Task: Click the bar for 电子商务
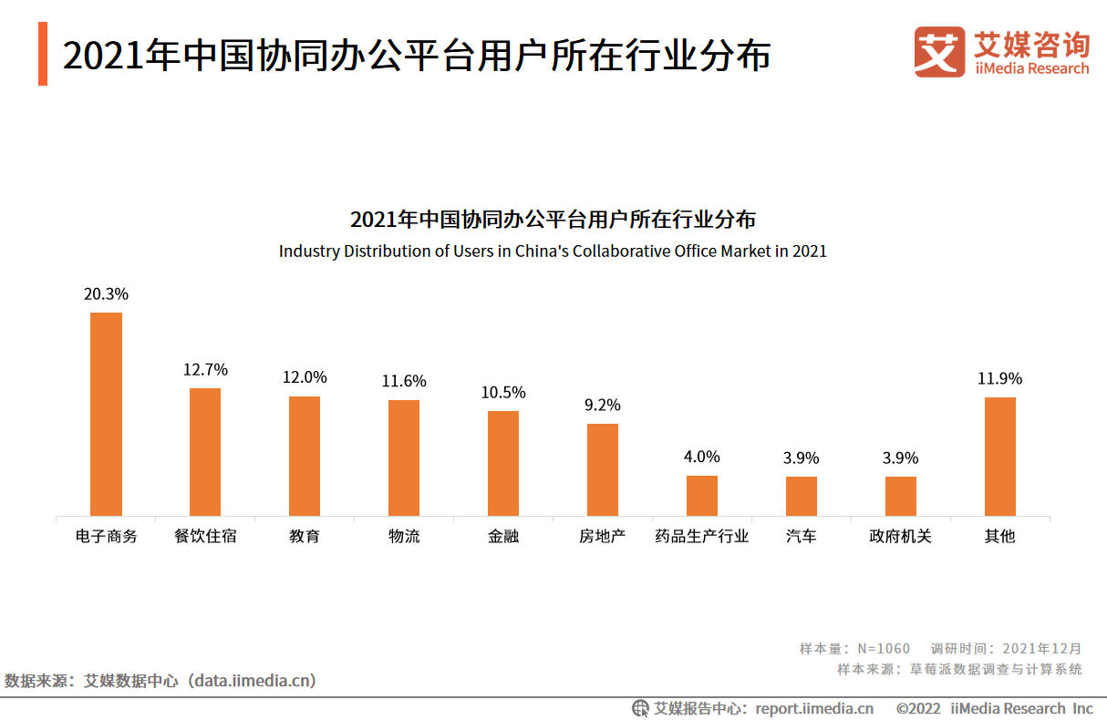(106, 414)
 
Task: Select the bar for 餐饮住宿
(205, 452)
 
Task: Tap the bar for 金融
(503, 463)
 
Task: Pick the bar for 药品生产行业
(702, 496)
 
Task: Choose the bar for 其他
(1000, 456)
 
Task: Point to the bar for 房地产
(603, 469)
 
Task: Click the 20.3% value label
(106, 294)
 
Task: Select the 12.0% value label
(305, 377)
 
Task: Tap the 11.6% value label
(404, 382)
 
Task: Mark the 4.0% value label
(702, 457)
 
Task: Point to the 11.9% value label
(1000, 378)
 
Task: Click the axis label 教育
(305, 536)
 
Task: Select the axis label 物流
(404, 536)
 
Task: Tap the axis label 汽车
(802, 536)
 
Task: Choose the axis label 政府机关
(901, 536)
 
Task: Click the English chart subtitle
(553, 251)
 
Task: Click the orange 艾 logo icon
(939, 51)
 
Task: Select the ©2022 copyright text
(917, 708)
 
